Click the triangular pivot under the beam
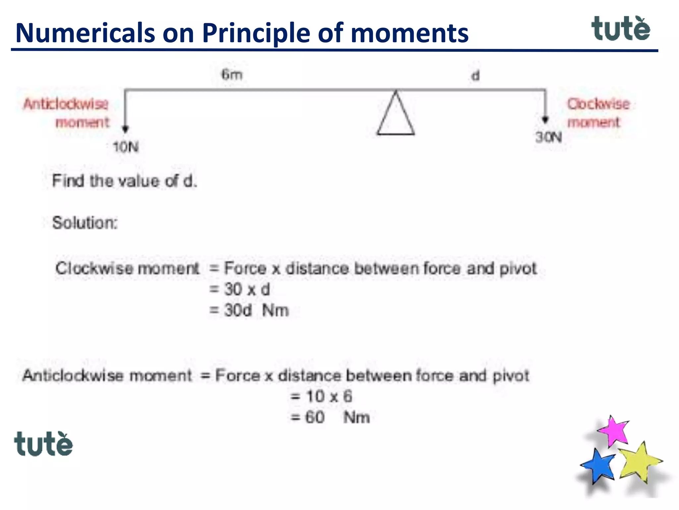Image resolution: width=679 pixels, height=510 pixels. tap(396, 115)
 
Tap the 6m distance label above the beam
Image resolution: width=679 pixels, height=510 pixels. tap(232, 74)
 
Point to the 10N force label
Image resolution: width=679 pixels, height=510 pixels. tap(126, 147)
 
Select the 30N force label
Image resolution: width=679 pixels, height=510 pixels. tap(549, 137)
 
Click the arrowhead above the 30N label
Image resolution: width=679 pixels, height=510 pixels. tap(545, 120)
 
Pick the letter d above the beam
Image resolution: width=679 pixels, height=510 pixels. tap(475, 76)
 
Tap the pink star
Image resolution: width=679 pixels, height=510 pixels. tap(614, 431)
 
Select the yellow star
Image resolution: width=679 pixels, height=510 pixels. tap(639, 462)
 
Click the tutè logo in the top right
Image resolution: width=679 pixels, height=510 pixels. tap(620, 29)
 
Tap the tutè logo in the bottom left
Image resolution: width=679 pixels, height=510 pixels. tap(43, 444)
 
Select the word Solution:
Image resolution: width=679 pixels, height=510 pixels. tap(85, 222)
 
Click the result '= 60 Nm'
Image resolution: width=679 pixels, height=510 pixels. tap(330, 417)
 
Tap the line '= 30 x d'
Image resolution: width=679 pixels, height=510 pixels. tap(239, 289)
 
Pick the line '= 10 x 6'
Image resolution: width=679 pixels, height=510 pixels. tap(321, 396)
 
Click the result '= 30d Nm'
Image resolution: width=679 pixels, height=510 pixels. tap(249, 310)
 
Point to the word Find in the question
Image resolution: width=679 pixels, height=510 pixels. tap(68, 181)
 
